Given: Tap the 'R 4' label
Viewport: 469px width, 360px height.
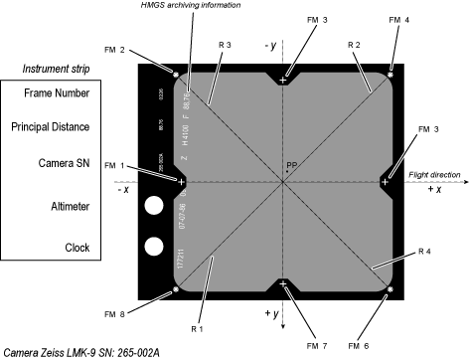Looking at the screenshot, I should [x=425, y=249].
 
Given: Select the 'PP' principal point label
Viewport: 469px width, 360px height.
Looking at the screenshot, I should [x=291, y=165].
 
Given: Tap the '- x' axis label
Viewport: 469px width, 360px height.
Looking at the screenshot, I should [x=123, y=190].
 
